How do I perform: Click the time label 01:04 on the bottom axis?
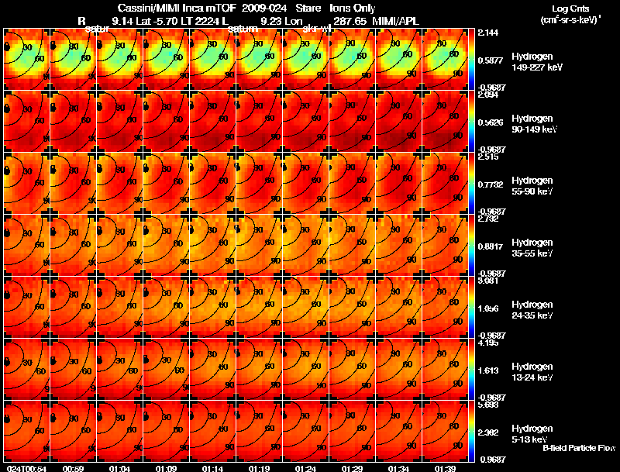coord(119,468)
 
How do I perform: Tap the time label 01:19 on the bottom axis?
coord(259,468)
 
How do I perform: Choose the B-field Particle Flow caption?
coord(578,448)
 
